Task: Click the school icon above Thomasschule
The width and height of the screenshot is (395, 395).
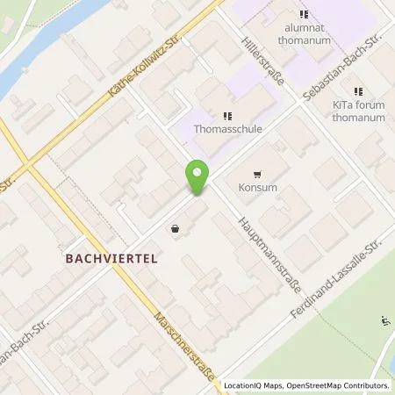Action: point(227,114)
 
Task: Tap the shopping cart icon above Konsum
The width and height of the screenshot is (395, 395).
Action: point(256,174)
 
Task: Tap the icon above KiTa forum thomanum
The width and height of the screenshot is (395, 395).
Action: point(358,91)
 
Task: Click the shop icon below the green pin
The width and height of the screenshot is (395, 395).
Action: point(176,229)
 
